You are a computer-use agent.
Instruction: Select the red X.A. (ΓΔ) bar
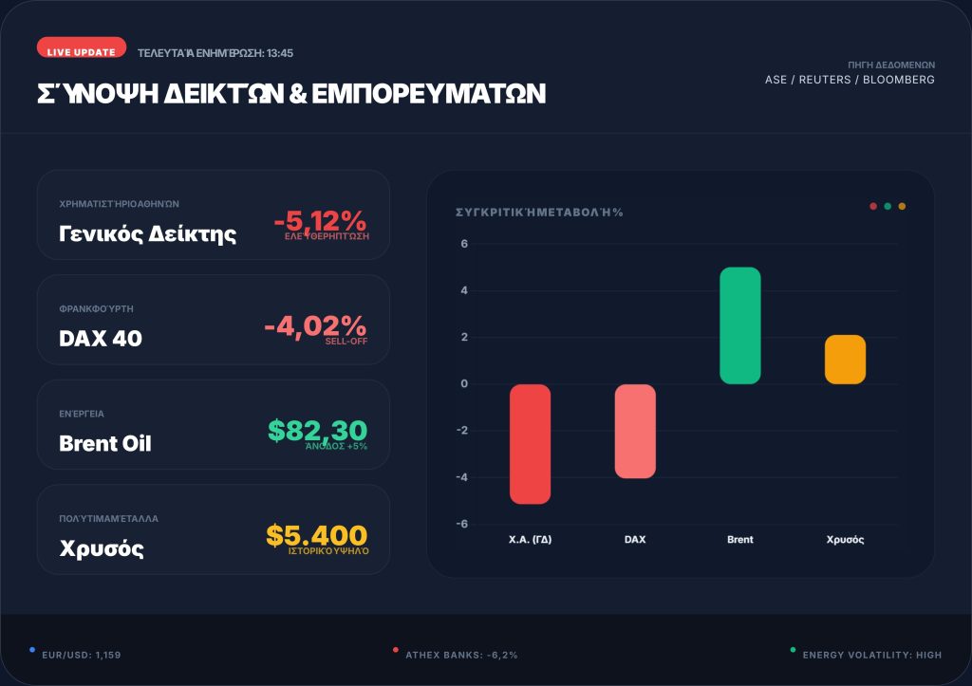coord(531,443)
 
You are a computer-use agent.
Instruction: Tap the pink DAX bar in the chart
coord(635,431)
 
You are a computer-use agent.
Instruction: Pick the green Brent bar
coord(740,325)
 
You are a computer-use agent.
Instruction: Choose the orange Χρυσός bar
coord(845,360)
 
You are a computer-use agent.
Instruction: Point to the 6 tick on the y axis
coord(465,244)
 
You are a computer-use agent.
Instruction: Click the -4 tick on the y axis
coord(463,477)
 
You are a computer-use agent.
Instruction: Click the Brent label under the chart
coord(740,540)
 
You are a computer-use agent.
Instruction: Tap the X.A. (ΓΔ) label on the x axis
coord(531,540)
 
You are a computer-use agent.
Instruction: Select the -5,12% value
coord(320,221)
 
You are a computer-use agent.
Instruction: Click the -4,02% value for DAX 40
coord(315,325)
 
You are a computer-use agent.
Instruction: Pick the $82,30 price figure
coord(317,431)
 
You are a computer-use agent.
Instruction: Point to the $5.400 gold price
coord(316,536)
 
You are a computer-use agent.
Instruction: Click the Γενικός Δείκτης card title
coord(147,233)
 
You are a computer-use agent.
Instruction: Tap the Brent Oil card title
coord(104,443)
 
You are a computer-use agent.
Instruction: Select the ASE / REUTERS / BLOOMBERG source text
coord(850,80)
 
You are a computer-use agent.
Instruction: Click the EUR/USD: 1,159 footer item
coord(82,655)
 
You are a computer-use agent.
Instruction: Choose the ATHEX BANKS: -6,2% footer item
coord(461,655)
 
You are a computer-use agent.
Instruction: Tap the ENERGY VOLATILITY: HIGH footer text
coord(871,655)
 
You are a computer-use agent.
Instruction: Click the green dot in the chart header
coord(888,206)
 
